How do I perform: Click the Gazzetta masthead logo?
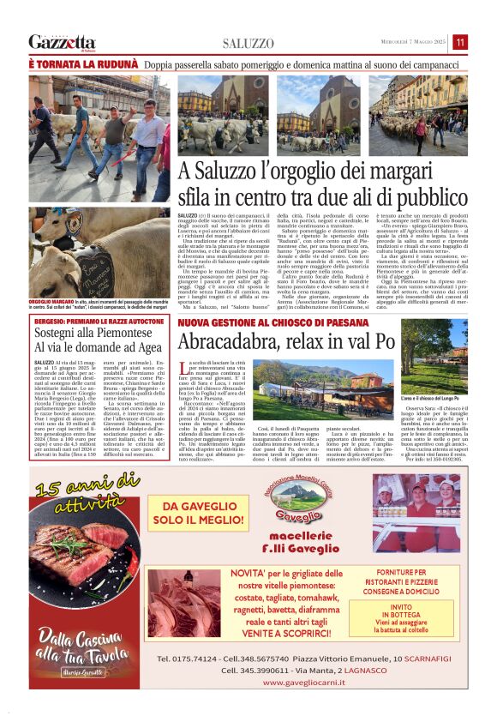[62, 42]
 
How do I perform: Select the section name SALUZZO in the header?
[248, 43]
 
